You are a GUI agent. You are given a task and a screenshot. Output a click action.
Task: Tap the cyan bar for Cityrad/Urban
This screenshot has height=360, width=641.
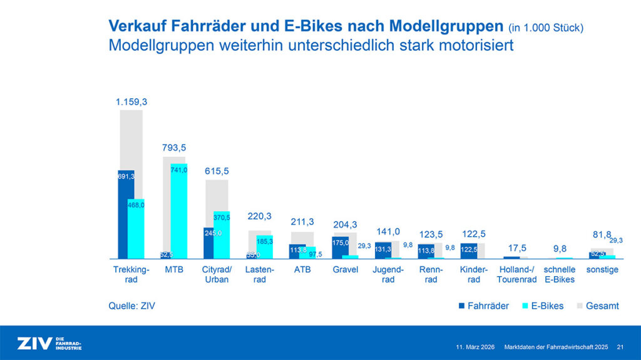(222, 235)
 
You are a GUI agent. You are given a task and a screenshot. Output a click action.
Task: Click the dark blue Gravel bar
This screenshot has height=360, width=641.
(341, 247)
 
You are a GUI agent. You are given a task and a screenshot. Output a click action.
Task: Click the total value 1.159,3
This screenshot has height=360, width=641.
(131, 101)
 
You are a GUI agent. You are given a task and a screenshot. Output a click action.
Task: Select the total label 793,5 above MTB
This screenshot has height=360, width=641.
(173, 148)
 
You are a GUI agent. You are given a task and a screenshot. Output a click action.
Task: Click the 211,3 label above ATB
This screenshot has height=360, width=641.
(302, 222)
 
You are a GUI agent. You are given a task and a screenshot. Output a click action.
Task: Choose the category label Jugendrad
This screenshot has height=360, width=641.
(388, 274)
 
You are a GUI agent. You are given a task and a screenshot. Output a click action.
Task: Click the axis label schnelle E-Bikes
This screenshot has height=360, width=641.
(559, 274)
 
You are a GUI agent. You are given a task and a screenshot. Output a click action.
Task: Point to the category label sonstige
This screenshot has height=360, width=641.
(602, 270)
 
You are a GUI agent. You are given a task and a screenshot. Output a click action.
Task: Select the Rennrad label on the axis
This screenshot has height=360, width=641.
(431, 274)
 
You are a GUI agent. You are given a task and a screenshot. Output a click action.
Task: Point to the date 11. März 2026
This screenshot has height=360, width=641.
(476, 346)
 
